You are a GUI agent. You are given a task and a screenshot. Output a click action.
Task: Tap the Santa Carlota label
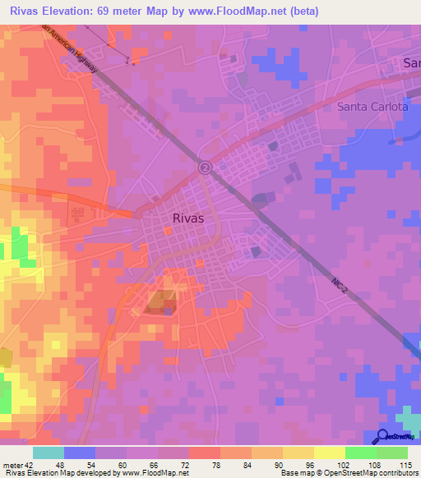[x=372, y=107]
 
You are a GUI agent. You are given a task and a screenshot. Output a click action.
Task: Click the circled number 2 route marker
[x=204, y=168]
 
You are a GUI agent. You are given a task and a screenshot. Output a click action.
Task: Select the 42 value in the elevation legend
[x=30, y=465]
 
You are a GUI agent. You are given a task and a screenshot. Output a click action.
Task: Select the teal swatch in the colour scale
[x=49, y=453]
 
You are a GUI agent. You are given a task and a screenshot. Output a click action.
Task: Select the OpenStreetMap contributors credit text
[x=371, y=474]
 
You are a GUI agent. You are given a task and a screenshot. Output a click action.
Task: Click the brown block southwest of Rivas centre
[x=158, y=303]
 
